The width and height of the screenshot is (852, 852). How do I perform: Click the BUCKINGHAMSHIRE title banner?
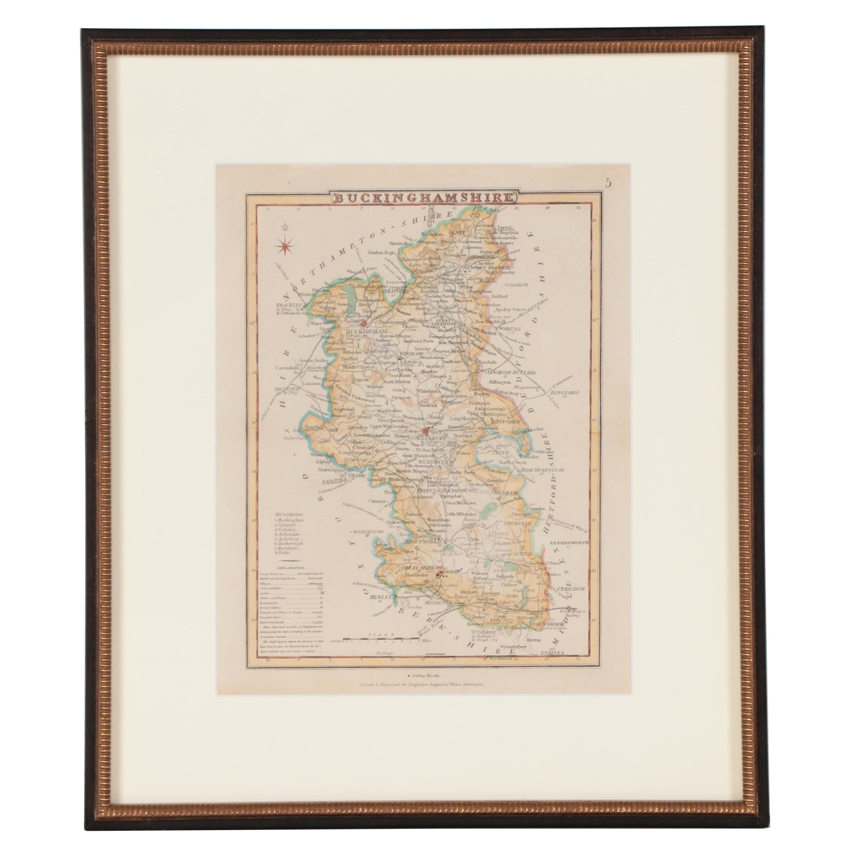click(x=422, y=198)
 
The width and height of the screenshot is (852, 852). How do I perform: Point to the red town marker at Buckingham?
click(x=364, y=322)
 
